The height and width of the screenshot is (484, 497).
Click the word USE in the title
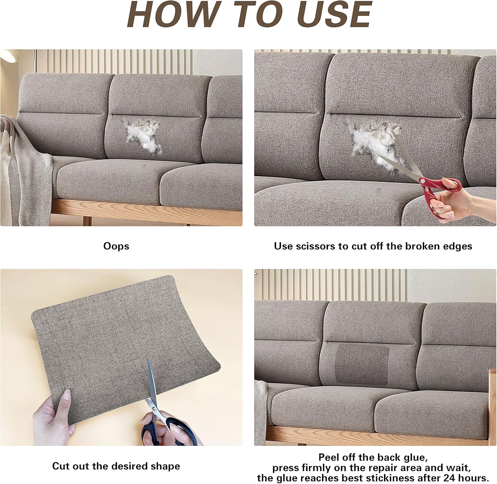tap(335, 15)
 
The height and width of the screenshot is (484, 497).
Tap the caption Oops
tap(116, 246)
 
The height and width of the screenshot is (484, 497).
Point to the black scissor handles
tap(169, 431)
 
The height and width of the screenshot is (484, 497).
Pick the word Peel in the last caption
tap(328, 457)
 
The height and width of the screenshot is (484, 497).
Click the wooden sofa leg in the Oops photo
tap(87, 221)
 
